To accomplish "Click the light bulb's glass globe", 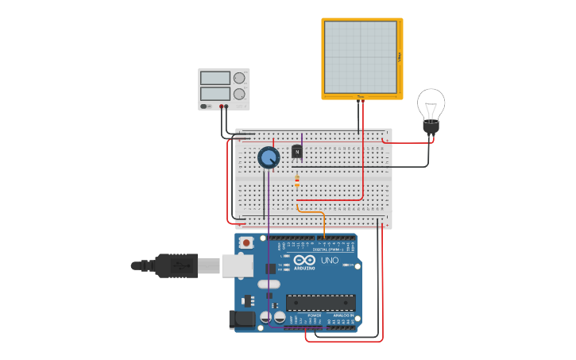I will [431, 103].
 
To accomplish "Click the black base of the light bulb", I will [431, 126].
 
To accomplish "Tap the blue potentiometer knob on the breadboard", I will [269, 157].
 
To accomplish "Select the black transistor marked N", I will [297, 151].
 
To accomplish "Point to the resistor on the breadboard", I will [297, 182].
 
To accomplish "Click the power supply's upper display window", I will [215, 78].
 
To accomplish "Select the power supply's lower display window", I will [215, 94].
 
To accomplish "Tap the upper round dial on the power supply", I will [239, 78].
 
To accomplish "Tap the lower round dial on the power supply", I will [239, 94].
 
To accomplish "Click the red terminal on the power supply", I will [226, 106].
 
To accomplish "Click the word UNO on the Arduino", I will [329, 260].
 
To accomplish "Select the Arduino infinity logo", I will [305, 259].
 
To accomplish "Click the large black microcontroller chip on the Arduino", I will [320, 302].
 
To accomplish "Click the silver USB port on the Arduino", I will [237, 265].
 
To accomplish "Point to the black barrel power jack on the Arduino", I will [242, 319].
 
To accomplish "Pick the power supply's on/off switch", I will [205, 106].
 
